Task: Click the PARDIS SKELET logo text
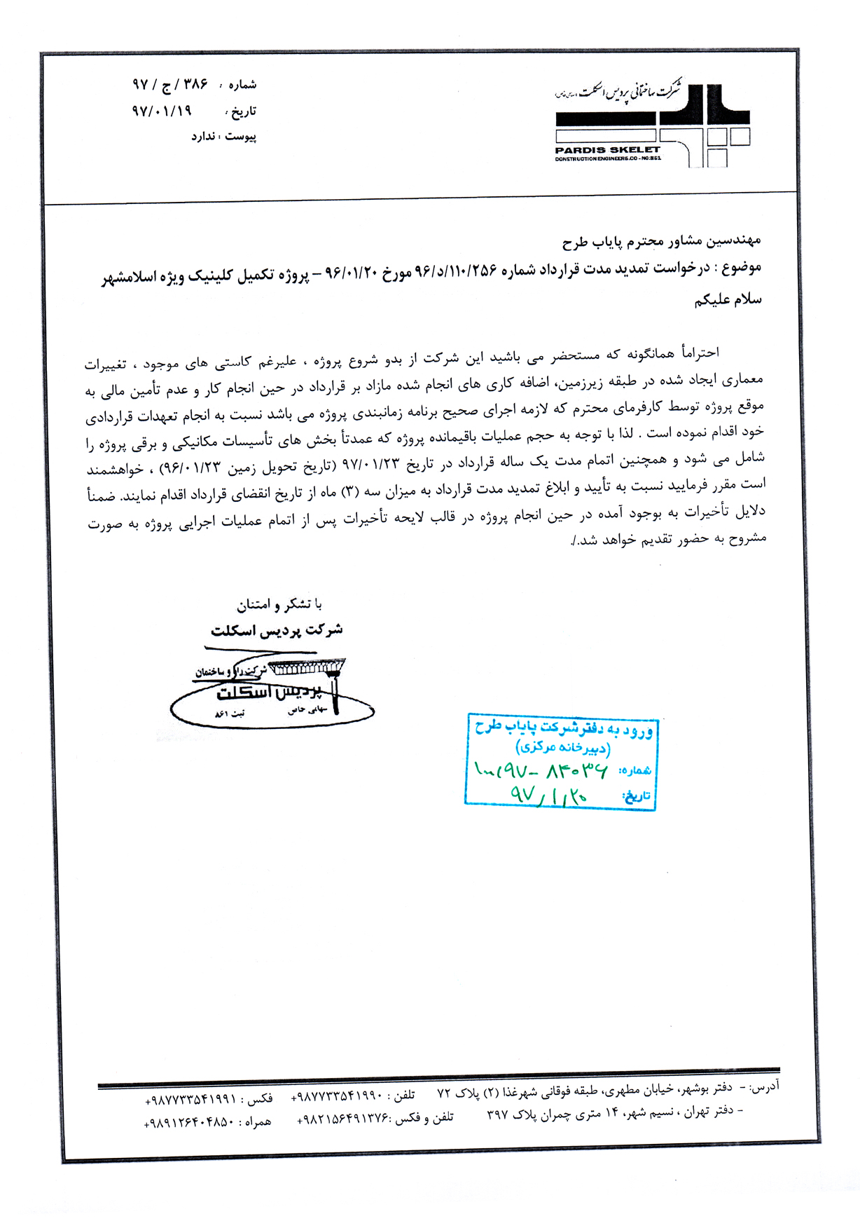pos(607,149)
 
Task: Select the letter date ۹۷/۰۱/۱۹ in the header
pos(162,111)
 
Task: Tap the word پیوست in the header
pos(241,137)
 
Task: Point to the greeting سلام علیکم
pos(728,300)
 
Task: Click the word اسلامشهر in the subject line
pos(132,278)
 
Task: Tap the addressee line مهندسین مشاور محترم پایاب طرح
pos(661,242)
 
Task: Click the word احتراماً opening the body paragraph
pos(693,353)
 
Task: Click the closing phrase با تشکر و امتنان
pos(279,604)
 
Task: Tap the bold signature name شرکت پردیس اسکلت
pos(277,630)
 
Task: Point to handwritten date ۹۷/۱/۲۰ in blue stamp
pos(549,796)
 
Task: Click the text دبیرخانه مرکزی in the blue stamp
pos(563,747)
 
